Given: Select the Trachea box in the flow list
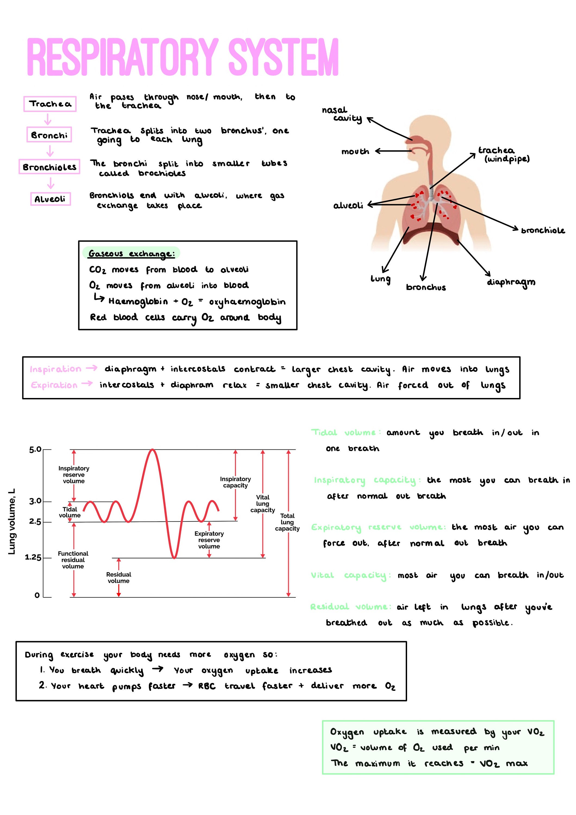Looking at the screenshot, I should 50,104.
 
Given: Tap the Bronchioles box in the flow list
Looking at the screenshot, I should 49,167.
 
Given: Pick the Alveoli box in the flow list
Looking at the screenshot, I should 50,199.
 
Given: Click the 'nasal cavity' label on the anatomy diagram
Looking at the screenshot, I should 341,114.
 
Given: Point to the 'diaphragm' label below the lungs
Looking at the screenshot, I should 511,282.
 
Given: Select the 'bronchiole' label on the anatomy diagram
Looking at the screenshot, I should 543,231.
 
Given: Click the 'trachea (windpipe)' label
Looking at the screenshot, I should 503,155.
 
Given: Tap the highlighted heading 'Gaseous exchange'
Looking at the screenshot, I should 131,253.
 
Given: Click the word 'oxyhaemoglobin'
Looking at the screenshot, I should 247,302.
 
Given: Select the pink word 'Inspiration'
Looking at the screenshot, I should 55,369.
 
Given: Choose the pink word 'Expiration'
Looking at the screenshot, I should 54,385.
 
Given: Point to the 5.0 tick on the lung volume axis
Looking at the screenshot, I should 36,450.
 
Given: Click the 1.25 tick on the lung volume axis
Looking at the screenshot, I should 33,558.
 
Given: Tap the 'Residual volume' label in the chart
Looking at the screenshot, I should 118,578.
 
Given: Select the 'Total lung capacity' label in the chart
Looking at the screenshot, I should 287,522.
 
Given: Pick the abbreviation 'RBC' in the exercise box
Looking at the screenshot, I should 207,686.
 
